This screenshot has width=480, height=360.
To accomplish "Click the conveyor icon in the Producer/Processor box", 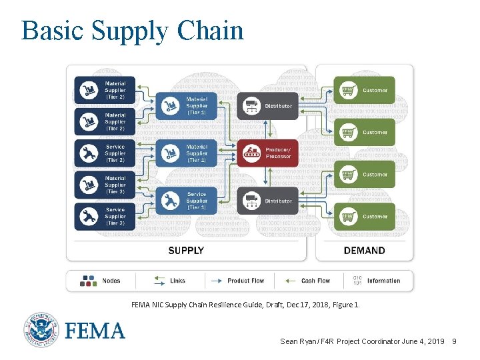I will click(251, 153).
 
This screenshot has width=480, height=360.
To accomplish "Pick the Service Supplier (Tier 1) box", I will click(185, 201).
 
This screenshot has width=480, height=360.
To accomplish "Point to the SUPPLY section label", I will click(186, 251).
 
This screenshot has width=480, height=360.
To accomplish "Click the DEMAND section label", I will click(364, 251).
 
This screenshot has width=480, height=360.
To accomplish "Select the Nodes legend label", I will click(111, 281).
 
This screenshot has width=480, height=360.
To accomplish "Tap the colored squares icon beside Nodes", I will click(89, 281).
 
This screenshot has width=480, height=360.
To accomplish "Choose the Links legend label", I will click(178, 281).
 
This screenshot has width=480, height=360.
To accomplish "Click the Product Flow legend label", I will click(247, 281).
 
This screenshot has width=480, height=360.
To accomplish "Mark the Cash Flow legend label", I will click(315, 281).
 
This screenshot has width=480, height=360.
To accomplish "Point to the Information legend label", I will click(383, 281).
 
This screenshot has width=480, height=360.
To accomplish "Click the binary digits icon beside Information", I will click(357, 281).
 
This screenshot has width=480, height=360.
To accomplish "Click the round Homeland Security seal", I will click(43, 329).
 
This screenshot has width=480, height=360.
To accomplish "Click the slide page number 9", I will click(454, 341).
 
